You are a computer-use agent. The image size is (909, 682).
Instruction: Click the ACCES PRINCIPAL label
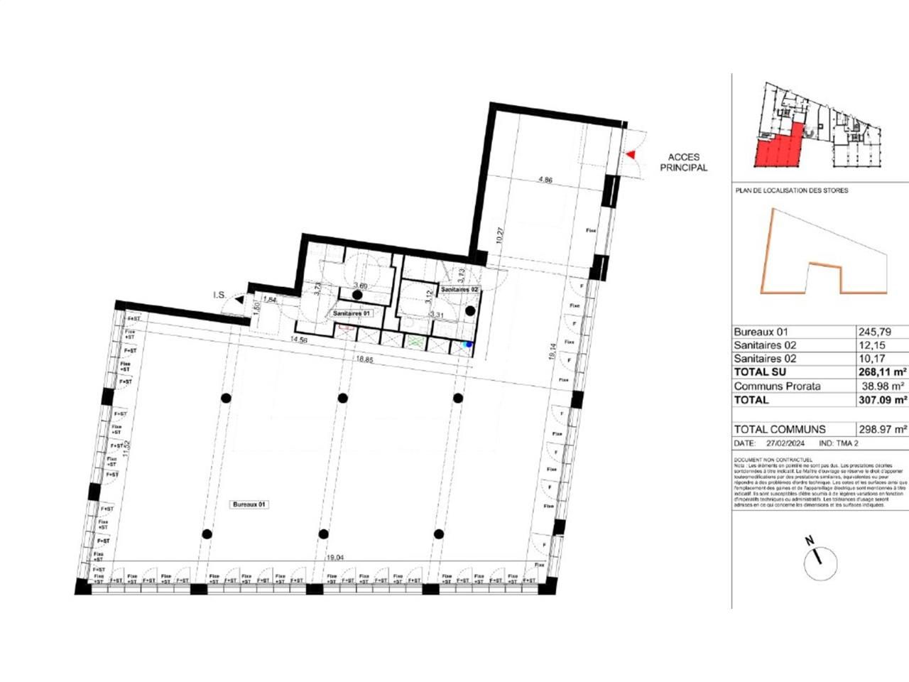[x=683, y=163]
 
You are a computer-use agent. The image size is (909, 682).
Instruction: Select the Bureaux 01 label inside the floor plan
[x=249, y=504]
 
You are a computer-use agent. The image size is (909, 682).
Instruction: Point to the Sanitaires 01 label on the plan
[x=352, y=313]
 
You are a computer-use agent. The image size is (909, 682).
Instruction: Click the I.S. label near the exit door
[x=219, y=295]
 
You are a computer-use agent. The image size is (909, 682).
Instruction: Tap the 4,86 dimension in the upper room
[x=545, y=180]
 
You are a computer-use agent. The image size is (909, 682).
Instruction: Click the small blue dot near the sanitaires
[x=467, y=345]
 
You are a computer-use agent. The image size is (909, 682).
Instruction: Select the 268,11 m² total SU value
[x=881, y=372]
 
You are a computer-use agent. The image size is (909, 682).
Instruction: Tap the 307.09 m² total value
[x=881, y=400]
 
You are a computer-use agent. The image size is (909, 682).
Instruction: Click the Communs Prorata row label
[x=777, y=386]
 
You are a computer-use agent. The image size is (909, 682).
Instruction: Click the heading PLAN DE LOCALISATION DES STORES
[x=790, y=190]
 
